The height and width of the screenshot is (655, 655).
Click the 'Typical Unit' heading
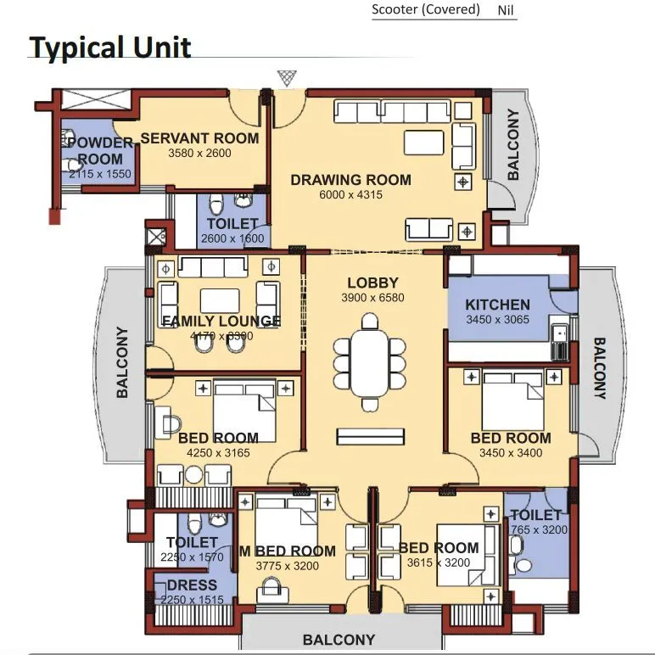[110, 48]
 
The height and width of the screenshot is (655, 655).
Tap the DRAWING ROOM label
[350, 180]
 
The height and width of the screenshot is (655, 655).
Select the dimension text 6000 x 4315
[350, 195]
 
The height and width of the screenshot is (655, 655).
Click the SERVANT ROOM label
[199, 138]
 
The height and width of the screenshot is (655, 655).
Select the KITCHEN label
[497, 305]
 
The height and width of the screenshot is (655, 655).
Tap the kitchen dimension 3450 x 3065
[497, 320]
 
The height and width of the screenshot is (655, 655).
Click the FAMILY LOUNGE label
[221, 321]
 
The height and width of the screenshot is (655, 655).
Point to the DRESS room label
[191, 585]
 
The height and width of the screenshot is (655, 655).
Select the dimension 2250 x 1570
[191, 557]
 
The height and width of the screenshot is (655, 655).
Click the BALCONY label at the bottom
[339, 640]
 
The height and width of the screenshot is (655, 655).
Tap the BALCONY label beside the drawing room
[512, 149]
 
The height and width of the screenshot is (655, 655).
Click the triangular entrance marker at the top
[287, 78]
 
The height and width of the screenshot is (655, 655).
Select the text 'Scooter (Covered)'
[426, 10]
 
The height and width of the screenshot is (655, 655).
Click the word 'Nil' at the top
[504, 11]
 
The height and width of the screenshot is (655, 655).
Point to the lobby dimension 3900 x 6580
[372, 298]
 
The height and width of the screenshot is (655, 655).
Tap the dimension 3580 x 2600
[199, 154]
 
